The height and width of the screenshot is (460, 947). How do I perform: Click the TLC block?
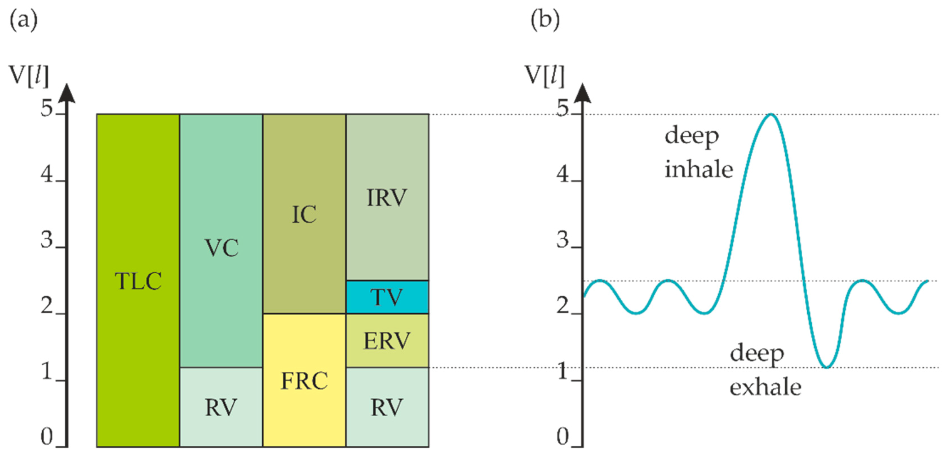(x=138, y=280)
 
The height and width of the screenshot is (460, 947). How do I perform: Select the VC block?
(x=221, y=241)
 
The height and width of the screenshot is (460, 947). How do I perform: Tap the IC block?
(x=304, y=214)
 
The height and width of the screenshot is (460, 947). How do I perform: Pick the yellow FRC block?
(x=304, y=380)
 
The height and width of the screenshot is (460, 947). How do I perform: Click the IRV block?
(x=387, y=197)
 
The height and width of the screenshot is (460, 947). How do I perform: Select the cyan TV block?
(x=387, y=297)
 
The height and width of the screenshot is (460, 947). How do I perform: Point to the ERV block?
(x=387, y=341)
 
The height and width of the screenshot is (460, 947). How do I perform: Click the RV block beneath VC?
(x=221, y=407)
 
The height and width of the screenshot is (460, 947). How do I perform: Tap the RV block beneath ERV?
(x=387, y=407)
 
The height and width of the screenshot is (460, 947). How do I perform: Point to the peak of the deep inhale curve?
(x=771, y=115)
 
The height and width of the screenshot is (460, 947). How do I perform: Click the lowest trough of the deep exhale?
(x=826, y=367)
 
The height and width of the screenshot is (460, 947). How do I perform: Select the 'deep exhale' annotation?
(x=765, y=370)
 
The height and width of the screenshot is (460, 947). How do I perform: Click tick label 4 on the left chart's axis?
(x=47, y=175)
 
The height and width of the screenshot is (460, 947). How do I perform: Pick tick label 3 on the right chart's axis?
(x=562, y=240)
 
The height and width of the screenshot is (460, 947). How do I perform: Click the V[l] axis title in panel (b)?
(x=544, y=75)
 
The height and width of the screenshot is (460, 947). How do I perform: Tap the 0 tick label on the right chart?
(x=562, y=437)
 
